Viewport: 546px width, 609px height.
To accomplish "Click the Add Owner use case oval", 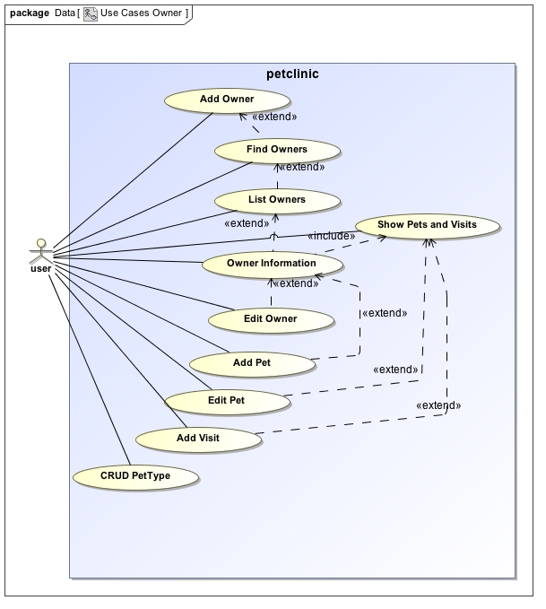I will click(x=226, y=100).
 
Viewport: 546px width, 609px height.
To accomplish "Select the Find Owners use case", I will click(x=276, y=150).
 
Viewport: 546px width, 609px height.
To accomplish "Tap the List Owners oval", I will click(x=275, y=200).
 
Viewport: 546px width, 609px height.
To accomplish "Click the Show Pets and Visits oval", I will click(x=426, y=224).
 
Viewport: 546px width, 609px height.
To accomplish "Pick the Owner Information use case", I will click(x=271, y=264).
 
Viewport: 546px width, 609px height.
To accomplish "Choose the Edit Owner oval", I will click(x=270, y=318).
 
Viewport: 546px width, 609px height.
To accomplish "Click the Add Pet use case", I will click(x=251, y=363).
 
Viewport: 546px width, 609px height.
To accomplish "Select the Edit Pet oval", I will click(x=226, y=400).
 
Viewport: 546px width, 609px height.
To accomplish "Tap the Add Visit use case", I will click(x=197, y=438).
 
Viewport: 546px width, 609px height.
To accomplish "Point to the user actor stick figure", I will click(x=39, y=249).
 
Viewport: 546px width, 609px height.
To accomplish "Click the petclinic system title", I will click(x=292, y=74).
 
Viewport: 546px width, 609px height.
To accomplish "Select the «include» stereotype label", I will click(x=330, y=236).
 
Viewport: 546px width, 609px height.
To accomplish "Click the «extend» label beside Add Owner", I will click(x=274, y=117).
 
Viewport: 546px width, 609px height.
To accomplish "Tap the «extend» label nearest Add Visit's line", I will click(x=438, y=405).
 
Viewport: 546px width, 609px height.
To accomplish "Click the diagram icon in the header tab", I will click(x=91, y=13).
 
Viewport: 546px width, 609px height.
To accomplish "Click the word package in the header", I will click(x=29, y=13).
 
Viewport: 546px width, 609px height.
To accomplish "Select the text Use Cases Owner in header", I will click(x=140, y=13).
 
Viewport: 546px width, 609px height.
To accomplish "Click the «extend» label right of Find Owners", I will click(x=301, y=167).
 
